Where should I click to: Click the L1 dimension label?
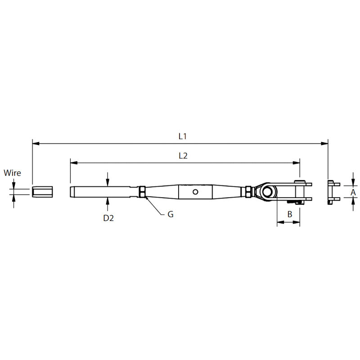click(183, 136)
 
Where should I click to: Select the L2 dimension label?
click(183, 156)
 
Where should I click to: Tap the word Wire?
click(12, 173)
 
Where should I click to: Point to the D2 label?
click(108, 218)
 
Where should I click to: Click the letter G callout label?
click(171, 214)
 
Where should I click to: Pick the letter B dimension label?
click(290, 214)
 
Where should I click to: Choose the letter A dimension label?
click(353, 192)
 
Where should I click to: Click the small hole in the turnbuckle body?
click(195, 192)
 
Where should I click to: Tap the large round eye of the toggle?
click(267, 192)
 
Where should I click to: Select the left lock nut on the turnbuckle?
click(142, 192)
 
